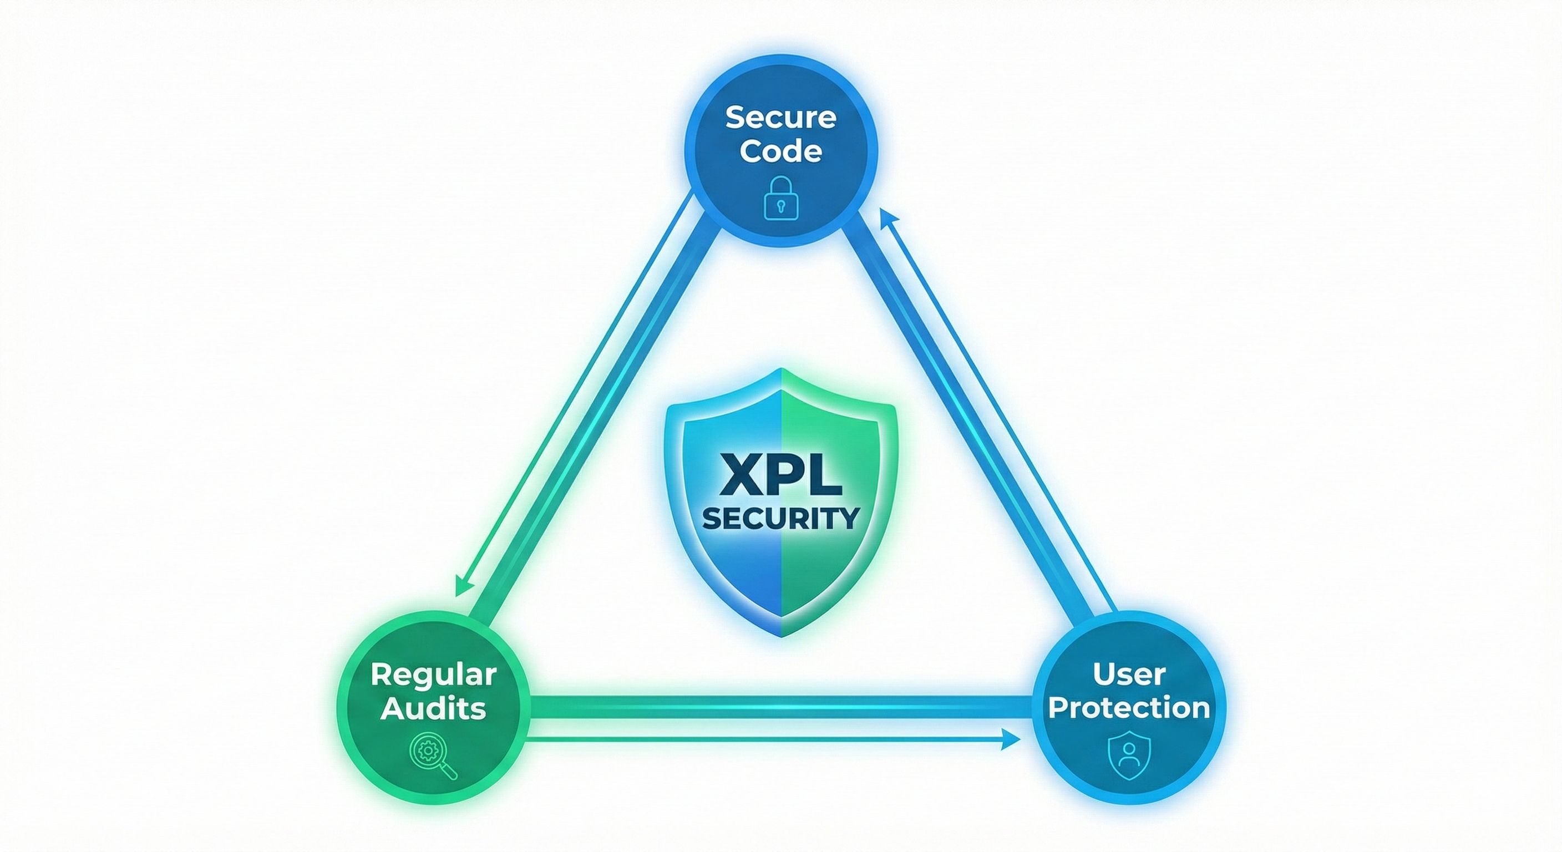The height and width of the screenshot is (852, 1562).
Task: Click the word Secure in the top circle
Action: coord(780,117)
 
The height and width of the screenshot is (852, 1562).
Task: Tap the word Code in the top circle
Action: coord(780,151)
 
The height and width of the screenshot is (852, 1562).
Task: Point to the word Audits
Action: coord(433,709)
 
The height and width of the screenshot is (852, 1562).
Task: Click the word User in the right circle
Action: coord(1128,674)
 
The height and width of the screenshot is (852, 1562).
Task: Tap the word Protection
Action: coord(1128,708)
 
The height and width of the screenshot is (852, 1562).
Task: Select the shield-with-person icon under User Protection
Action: coord(1128,754)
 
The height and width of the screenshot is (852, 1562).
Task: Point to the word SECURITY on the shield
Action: coord(781,519)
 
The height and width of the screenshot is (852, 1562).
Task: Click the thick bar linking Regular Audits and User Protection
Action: coord(781,707)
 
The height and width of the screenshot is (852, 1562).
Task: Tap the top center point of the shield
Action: coord(781,369)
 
